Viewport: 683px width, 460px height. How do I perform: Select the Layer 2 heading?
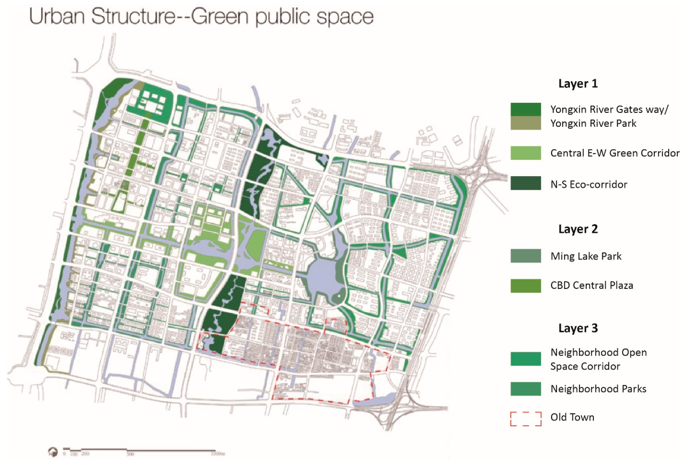[578, 229]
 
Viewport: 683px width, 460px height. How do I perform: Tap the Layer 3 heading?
[578, 328]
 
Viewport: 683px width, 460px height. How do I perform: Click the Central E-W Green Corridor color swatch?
[525, 153]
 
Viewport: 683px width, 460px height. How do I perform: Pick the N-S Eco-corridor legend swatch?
[525, 183]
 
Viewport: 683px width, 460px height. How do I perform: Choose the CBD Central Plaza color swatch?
[525, 286]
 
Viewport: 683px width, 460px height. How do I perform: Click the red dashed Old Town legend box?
[525, 419]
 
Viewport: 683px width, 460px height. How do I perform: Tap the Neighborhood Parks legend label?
[598, 389]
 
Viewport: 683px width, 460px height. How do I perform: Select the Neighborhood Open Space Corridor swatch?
[525, 359]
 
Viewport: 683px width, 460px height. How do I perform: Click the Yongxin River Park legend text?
[593, 123]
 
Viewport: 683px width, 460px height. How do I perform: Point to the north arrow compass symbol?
[53, 451]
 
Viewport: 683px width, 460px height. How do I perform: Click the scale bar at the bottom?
[141, 450]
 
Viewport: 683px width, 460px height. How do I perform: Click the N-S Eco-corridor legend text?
[588, 184]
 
